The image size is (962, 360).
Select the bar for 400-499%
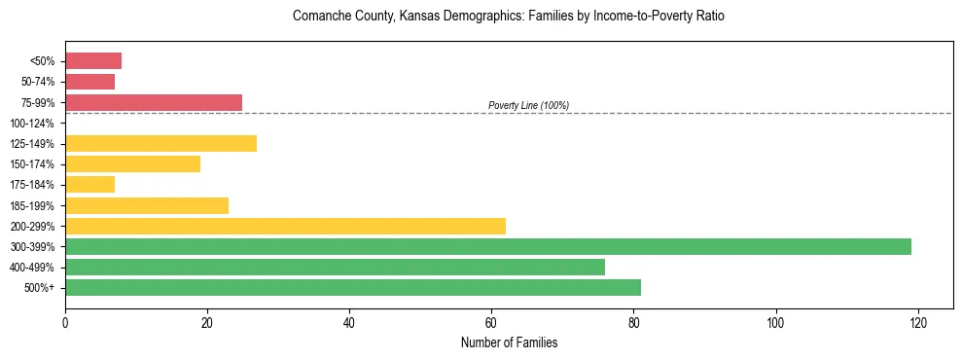(335, 267)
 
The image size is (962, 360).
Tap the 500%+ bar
(353, 287)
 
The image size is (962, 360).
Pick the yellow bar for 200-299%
(285, 226)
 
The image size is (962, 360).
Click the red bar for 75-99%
(154, 102)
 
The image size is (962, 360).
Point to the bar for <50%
(93, 61)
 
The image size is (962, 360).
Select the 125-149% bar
(160, 143)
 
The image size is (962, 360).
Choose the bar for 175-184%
(89, 184)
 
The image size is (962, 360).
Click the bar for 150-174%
(132, 163)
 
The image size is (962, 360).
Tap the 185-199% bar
(147, 205)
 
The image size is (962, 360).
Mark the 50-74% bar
(89, 82)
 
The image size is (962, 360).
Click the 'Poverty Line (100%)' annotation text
(528, 105)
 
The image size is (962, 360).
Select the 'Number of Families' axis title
(509, 342)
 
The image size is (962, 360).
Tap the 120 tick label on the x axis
(917, 322)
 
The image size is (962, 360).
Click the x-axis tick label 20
(207, 322)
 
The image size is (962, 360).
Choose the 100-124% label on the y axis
(31, 124)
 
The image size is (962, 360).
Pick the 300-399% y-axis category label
(31, 247)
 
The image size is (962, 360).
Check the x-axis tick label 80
(633, 322)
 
